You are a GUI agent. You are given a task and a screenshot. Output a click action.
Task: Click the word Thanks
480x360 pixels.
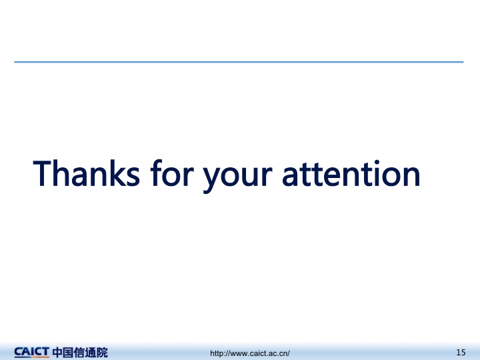pyautogui.click(x=86, y=173)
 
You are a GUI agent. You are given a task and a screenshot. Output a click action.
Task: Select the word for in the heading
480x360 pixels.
pyautogui.click(x=172, y=173)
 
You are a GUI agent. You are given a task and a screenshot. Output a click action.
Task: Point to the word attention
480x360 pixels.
pyautogui.click(x=351, y=173)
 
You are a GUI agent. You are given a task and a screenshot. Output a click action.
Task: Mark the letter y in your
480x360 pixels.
pyautogui.click(x=212, y=179)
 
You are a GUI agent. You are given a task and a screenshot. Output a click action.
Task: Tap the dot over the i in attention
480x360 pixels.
pyautogui.click(x=377, y=162)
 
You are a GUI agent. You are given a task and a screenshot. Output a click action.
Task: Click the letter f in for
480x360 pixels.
pyautogui.click(x=157, y=173)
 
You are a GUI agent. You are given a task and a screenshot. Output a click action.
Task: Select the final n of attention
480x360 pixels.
pyautogui.click(x=411, y=175)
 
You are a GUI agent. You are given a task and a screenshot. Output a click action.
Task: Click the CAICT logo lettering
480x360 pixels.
pyautogui.click(x=31, y=352)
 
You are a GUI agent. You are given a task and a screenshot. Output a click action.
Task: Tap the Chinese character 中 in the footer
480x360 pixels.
pyautogui.click(x=57, y=353)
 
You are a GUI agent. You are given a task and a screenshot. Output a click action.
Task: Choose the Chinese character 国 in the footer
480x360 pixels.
pyautogui.click(x=69, y=353)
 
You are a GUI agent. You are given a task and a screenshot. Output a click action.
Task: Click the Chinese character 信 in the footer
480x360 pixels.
pyautogui.click(x=79, y=353)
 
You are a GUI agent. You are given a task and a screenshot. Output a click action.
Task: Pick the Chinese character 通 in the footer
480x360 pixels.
pyautogui.click(x=91, y=353)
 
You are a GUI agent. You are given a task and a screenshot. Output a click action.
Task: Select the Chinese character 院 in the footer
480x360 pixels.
pyautogui.click(x=102, y=353)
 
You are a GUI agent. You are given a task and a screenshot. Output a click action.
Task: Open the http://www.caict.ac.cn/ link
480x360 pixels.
pyautogui.click(x=250, y=353)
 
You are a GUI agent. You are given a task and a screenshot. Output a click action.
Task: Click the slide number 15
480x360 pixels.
pyautogui.click(x=461, y=353)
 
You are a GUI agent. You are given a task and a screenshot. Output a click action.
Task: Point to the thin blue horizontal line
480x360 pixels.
pyautogui.click(x=239, y=62)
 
